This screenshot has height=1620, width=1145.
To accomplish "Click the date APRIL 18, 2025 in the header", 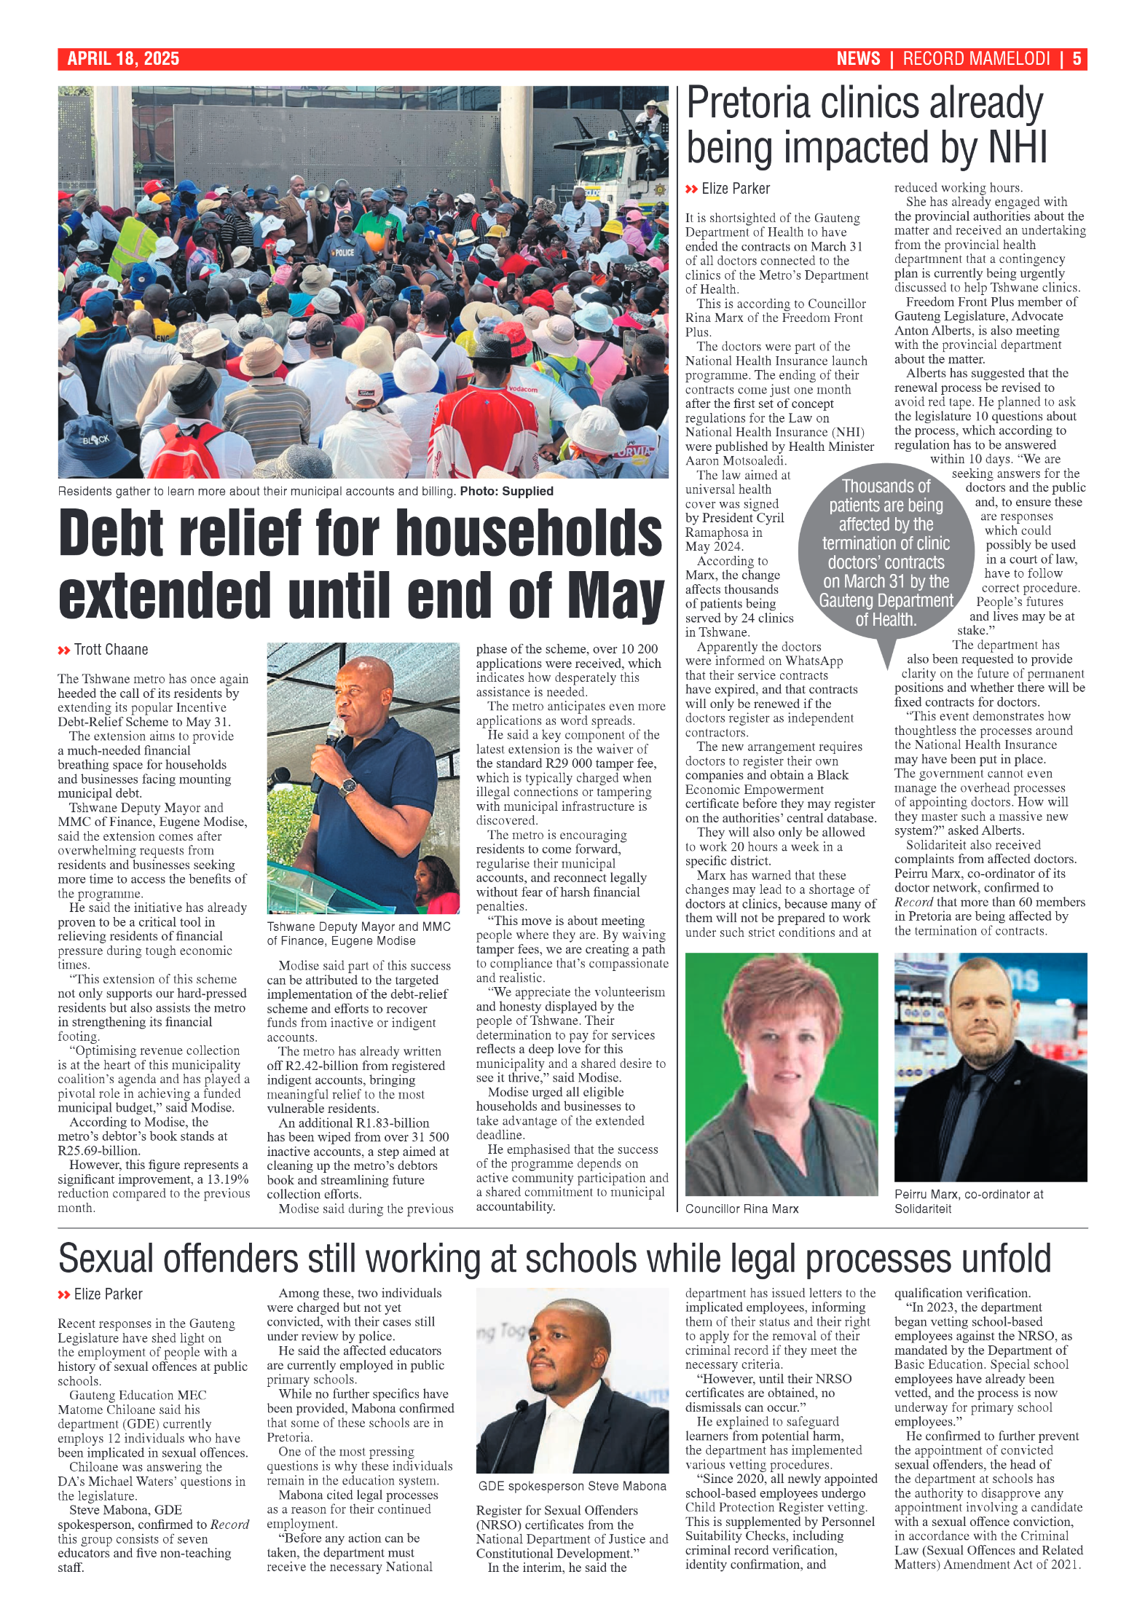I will [123, 59].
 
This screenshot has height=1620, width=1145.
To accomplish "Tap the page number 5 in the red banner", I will [1077, 59].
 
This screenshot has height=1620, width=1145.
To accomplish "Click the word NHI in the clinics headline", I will [1018, 148].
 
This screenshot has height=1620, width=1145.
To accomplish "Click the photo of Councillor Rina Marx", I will [781, 1074].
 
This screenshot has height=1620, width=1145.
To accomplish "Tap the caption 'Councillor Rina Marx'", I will [741, 1209].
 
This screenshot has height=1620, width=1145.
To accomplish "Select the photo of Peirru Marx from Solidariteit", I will [990, 1066].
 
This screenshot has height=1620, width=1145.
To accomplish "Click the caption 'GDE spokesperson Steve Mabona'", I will [572, 1486].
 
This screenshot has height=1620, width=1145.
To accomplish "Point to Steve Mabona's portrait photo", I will [572, 1380].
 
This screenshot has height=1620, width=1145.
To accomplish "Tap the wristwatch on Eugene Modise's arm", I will [349, 787].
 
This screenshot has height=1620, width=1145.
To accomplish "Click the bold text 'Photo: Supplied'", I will [506, 492].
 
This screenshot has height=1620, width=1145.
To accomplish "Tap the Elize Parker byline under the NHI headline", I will [735, 189].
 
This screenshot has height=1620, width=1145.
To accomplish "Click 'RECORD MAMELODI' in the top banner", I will [976, 59].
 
